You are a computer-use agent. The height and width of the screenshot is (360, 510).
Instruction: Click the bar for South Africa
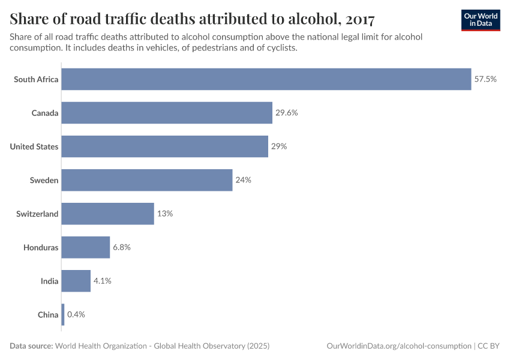point(266,79)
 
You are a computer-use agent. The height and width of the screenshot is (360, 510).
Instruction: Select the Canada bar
point(167,113)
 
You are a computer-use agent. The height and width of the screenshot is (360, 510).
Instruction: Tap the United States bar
point(164,146)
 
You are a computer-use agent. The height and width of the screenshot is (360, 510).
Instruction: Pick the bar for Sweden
point(146,180)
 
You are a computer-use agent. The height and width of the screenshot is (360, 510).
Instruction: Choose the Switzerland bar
point(107,214)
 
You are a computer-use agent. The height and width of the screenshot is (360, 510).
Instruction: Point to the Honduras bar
point(85,247)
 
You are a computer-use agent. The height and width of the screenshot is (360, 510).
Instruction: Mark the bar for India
point(76,281)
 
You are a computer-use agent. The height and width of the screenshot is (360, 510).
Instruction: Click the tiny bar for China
point(62,314)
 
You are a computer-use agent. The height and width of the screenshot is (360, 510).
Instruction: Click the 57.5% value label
point(485,79)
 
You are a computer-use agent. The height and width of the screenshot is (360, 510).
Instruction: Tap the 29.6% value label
point(287,113)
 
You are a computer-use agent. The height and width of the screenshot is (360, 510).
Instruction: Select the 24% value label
point(243,180)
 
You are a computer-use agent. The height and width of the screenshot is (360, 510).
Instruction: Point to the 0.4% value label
point(76,314)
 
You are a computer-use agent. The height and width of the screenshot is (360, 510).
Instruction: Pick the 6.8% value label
point(122,247)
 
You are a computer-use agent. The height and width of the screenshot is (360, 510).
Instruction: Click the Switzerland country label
point(37,214)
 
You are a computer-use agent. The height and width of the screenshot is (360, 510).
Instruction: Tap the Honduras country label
point(41,247)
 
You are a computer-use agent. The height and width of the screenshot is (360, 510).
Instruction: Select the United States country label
point(34,146)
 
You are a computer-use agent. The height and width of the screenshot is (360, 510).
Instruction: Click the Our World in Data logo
point(481,20)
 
